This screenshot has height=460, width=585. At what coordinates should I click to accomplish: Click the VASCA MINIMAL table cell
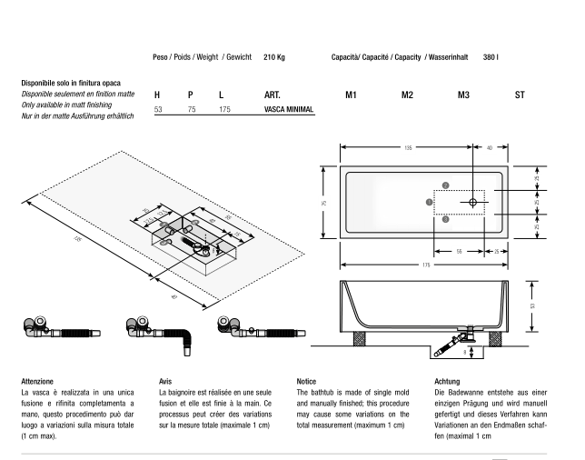pos(289,109)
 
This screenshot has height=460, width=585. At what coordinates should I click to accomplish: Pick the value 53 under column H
pos(157,109)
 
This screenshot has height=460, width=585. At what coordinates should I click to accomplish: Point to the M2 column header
pos(407,94)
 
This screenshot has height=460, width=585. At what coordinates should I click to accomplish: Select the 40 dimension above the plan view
pos(491,147)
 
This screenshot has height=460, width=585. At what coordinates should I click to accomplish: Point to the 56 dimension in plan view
pos(461,249)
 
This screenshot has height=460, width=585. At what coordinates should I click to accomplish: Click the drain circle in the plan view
pos(473,202)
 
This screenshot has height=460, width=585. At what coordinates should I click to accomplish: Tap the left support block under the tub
pos(359,339)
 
